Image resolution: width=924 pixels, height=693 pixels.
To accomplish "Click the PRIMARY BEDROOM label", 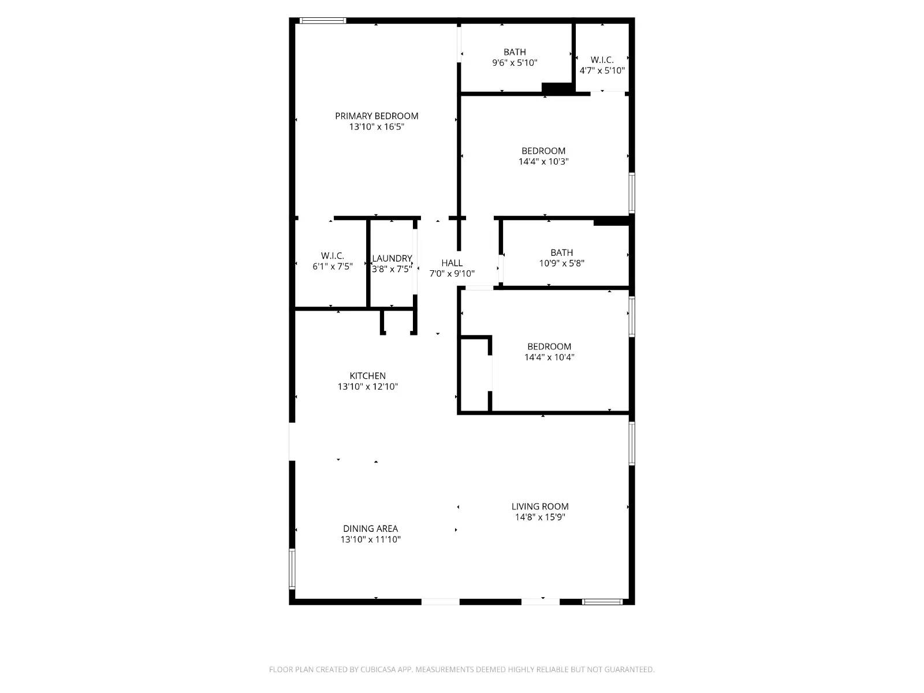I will point(377,116).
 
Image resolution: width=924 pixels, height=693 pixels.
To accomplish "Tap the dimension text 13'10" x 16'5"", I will point(377,127).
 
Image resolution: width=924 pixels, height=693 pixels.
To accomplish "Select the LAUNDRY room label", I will point(392,258).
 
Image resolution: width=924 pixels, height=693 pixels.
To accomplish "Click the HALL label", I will point(452,263).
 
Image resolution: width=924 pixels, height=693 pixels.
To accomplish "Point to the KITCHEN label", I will point(367,375).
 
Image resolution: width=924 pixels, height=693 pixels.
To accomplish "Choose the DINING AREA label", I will point(370,528).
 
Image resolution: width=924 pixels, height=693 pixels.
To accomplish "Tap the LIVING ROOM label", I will point(540,506).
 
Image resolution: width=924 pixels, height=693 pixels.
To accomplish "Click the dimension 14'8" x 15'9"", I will point(540,517).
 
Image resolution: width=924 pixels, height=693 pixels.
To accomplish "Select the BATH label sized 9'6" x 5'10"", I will point(515,52).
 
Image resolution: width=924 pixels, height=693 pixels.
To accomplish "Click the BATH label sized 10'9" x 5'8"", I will point(561,252).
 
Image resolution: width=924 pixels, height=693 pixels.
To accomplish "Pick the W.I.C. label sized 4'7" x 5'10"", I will point(602,60).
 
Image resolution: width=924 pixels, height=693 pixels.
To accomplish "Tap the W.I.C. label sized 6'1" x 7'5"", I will point(333,255).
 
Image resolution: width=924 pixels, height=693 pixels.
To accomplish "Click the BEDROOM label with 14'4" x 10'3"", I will point(543,151).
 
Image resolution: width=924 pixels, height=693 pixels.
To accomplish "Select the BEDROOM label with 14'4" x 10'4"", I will point(549,346).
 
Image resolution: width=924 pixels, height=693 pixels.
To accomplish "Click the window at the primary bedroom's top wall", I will point(323,21).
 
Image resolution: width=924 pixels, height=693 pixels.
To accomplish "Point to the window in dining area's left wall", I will point(292,568).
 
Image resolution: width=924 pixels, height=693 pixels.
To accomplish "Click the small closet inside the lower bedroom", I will point(474,375).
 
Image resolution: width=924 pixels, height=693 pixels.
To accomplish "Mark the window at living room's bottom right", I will point(602,602).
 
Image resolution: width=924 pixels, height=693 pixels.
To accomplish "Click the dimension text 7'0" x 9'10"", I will point(452,274).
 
